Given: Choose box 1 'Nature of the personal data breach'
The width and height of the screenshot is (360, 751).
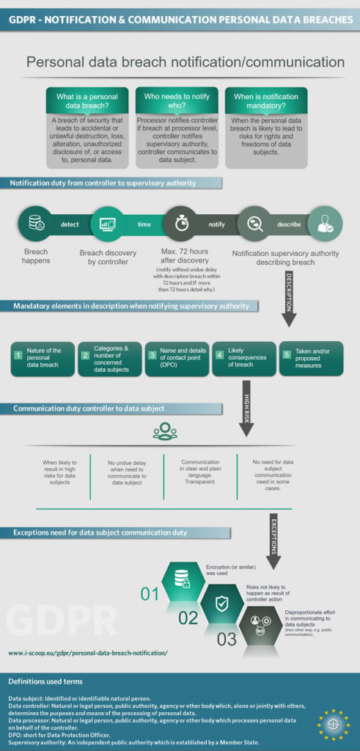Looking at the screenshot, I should point(43,359).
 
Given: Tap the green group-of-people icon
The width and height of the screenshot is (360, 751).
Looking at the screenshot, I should point(165,431).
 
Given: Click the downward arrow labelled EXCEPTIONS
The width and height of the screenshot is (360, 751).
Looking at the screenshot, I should point(274,539).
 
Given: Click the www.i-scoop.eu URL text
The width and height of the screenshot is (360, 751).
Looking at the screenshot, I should point(88,651).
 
